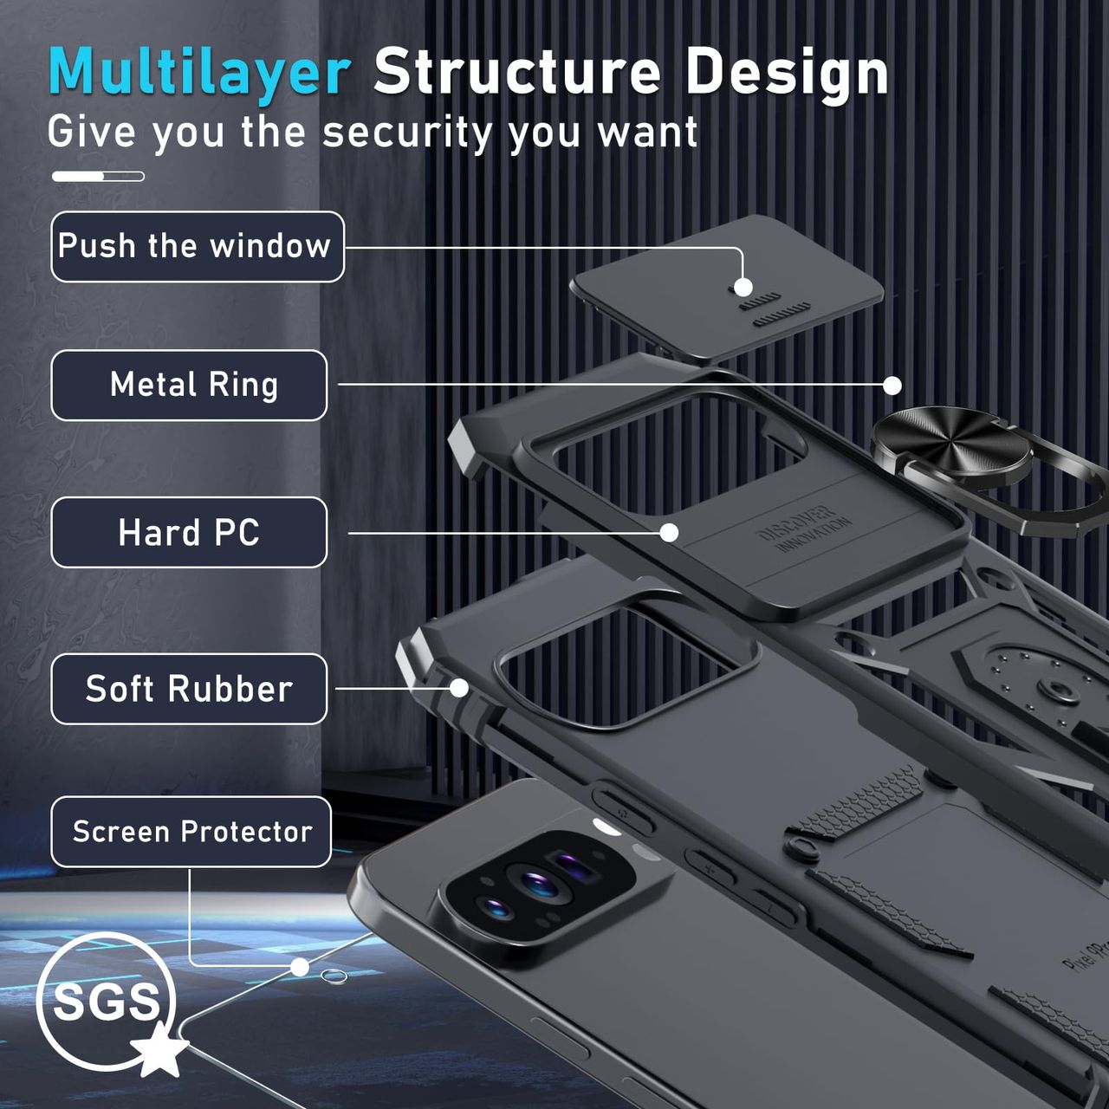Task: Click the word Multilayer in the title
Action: (x=199, y=73)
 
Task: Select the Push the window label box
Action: (x=197, y=247)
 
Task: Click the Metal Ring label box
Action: (x=189, y=386)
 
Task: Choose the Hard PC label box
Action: (x=189, y=533)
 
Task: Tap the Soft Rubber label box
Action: (x=189, y=689)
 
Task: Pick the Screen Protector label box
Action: (x=191, y=832)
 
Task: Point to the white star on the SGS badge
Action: (x=160, y=1053)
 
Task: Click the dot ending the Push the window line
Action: (x=743, y=288)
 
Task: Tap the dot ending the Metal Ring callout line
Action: (x=892, y=386)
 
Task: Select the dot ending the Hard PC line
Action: (x=669, y=533)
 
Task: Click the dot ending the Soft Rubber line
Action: (x=459, y=688)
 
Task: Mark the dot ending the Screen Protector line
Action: (x=300, y=967)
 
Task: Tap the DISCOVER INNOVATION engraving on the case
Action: (x=804, y=527)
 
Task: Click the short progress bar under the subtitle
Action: (x=98, y=177)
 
